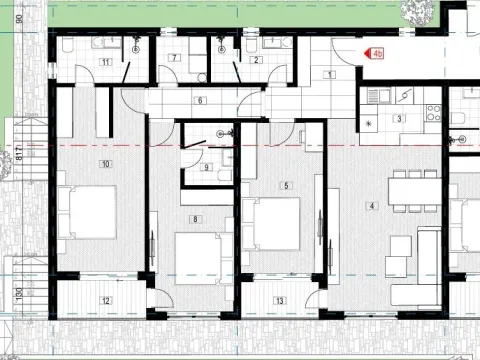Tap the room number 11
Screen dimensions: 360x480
point(104,62)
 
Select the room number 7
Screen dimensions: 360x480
point(175,59)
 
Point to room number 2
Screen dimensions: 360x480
point(256,60)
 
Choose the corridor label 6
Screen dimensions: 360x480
point(200,100)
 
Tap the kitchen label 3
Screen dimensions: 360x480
point(398,119)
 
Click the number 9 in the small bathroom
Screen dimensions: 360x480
point(206,167)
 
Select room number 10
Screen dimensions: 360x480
point(103,163)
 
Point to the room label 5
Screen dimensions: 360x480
point(286,185)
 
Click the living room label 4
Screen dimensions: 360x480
point(372,207)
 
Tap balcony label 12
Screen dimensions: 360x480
point(106,300)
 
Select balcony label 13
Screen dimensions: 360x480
point(279,300)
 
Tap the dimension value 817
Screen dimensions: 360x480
point(19,155)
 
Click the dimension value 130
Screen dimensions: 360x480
point(19,297)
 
